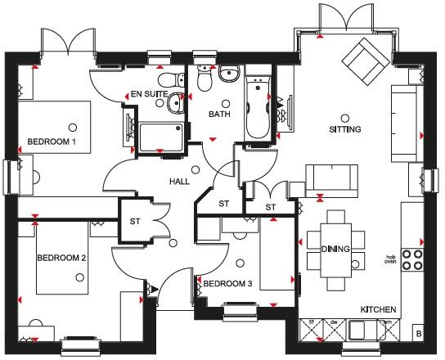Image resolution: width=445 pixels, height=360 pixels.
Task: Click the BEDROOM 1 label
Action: tap(52, 141)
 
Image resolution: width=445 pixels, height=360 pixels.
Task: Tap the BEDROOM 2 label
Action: tap(61, 258)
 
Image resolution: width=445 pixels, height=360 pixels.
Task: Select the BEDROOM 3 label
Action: tap(227, 283)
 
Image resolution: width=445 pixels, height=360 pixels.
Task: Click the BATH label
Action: tap(219, 115)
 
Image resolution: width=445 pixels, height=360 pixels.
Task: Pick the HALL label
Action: tap(181, 181)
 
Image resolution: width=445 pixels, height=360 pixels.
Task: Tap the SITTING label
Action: tap(344, 129)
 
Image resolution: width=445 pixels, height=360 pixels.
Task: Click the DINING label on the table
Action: tap(335, 249)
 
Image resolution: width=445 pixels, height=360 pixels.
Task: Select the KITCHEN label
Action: tap(379, 310)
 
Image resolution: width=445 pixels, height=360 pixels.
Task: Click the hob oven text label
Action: tap(391, 259)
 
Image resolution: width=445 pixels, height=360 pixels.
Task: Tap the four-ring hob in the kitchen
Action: tap(413, 260)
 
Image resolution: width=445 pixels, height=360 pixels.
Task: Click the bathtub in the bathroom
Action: tap(258, 106)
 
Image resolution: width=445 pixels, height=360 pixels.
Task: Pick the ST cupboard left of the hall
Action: tap(136, 220)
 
